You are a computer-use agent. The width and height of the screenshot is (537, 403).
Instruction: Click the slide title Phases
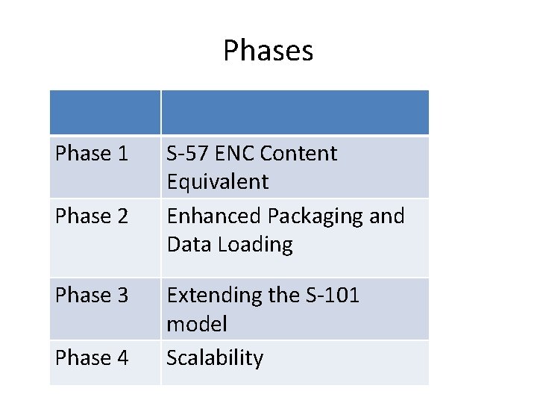tap(268, 51)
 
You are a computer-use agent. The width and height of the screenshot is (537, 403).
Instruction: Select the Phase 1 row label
tap(92, 154)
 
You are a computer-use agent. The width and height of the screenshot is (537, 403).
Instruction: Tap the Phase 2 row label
tap(92, 216)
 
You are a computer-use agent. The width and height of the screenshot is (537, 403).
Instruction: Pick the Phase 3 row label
tap(92, 296)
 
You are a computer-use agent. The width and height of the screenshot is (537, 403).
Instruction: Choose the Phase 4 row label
tap(92, 358)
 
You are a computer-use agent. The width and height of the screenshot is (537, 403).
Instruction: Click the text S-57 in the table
tap(186, 154)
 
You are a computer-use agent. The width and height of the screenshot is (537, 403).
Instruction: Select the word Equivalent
tap(217, 182)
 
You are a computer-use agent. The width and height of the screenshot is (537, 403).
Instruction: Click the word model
tap(197, 325)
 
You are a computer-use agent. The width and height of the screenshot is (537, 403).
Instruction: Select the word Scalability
tap(215, 359)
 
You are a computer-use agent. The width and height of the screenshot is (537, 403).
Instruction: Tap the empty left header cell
tap(105, 113)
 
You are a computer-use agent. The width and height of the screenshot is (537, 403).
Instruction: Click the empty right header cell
tap(295, 113)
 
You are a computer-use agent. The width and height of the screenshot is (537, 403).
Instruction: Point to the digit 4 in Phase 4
tap(122, 358)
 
